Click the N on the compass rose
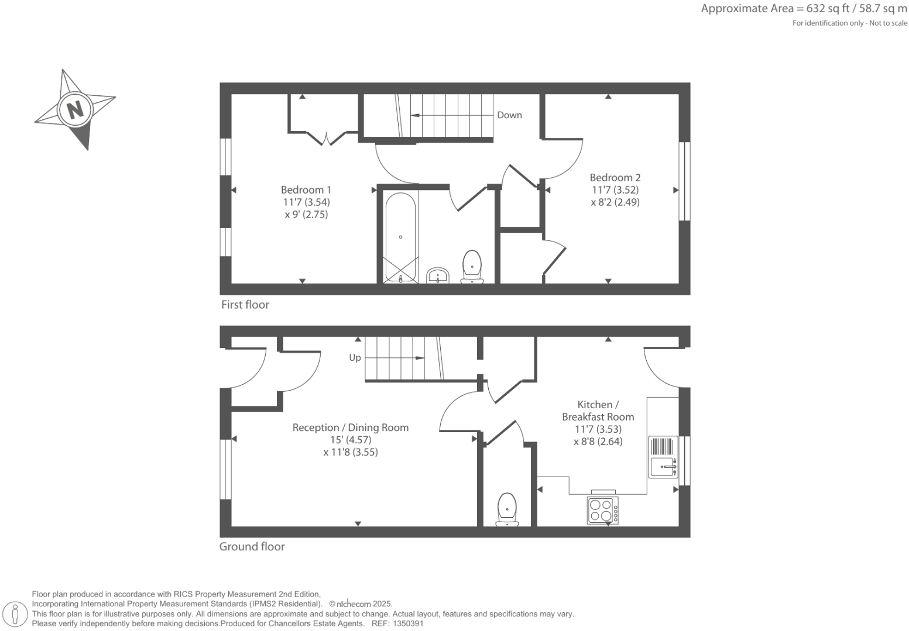pyautogui.click(x=75, y=109)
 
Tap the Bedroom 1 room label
pyautogui.click(x=306, y=189)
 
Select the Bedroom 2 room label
pyautogui.click(x=615, y=177)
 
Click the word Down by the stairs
pyautogui.click(x=509, y=115)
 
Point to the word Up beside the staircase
pyautogui.click(x=355, y=357)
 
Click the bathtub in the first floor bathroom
pyautogui.click(x=400, y=237)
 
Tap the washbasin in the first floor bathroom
pyautogui.click(x=437, y=275)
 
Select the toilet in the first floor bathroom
pyautogui.click(x=472, y=267)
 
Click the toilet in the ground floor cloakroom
pyautogui.click(x=507, y=509)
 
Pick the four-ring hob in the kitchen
pyautogui.click(x=602, y=509)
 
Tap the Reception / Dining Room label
pyautogui.click(x=350, y=427)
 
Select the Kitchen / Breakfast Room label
pyautogui.click(x=598, y=411)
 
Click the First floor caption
pyautogui.click(x=245, y=305)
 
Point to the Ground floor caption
pyautogui.click(x=252, y=547)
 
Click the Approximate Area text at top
pyautogui.click(x=804, y=9)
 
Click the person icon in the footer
pyautogui.click(x=16, y=614)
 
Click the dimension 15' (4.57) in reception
pyautogui.click(x=350, y=440)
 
